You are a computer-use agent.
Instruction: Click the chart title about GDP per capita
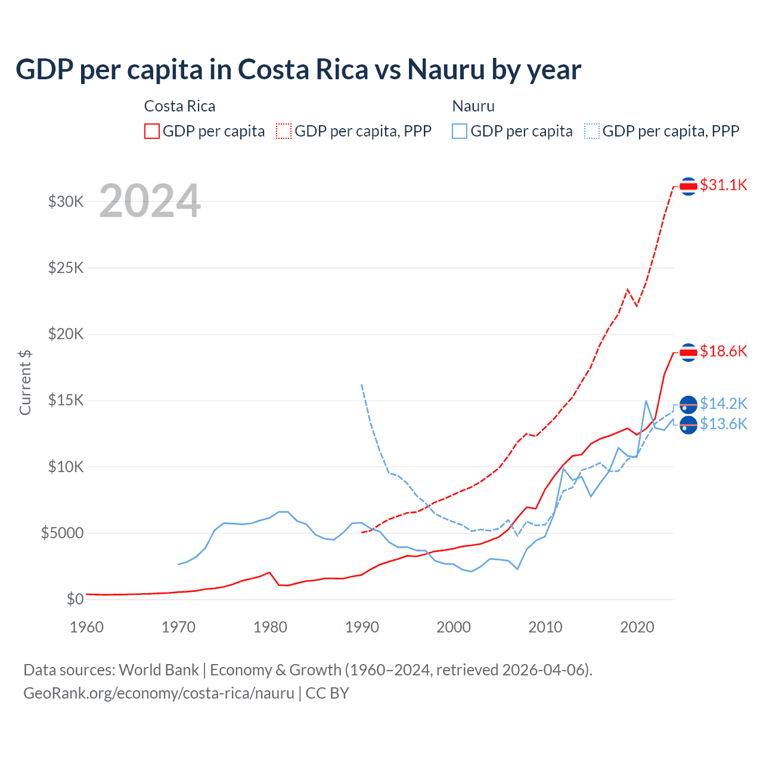tap(298, 70)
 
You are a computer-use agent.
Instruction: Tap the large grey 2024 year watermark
tap(150, 201)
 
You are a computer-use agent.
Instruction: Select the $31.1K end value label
tap(723, 185)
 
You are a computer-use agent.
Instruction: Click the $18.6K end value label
tap(723, 351)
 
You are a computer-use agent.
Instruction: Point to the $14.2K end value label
tap(723, 404)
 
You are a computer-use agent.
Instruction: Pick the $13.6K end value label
tap(723, 424)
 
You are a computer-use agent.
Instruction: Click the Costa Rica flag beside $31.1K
tap(688, 187)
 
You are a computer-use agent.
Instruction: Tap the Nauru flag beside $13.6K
tap(688, 425)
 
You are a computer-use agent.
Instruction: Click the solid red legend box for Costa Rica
tap(152, 131)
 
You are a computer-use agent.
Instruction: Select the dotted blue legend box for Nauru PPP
tap(592, 131)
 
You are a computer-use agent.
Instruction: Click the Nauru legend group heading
tap(473, 106)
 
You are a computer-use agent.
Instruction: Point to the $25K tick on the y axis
tap(66, 268)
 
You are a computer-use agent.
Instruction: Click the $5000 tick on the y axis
tap(62, 533)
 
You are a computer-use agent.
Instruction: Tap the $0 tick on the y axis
tap(75, 599)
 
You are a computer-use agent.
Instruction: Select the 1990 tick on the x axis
tap(362, 627)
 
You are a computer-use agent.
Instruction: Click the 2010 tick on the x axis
tap(545, 627)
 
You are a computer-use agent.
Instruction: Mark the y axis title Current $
tap(25, 383)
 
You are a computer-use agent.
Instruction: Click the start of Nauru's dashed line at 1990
tap(362, 385)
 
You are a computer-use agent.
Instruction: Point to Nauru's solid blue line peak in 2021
tap(646, 401)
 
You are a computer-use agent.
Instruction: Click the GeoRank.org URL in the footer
tap(159, 693)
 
